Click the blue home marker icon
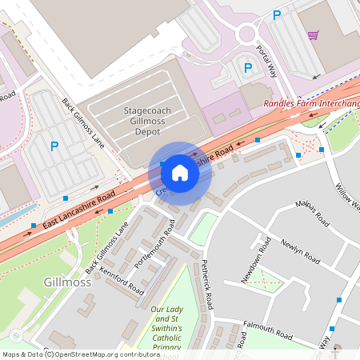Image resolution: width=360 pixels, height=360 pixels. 180,172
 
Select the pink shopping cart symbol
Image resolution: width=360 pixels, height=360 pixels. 313,35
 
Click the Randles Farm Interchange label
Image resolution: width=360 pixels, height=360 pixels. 311,104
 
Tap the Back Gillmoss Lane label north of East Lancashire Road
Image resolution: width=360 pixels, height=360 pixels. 82,122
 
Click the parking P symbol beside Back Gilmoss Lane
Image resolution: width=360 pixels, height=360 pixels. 54,146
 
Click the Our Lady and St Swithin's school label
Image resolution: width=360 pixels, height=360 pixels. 167,328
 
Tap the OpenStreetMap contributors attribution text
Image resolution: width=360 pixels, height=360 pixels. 104,354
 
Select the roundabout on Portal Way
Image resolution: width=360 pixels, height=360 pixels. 246,33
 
